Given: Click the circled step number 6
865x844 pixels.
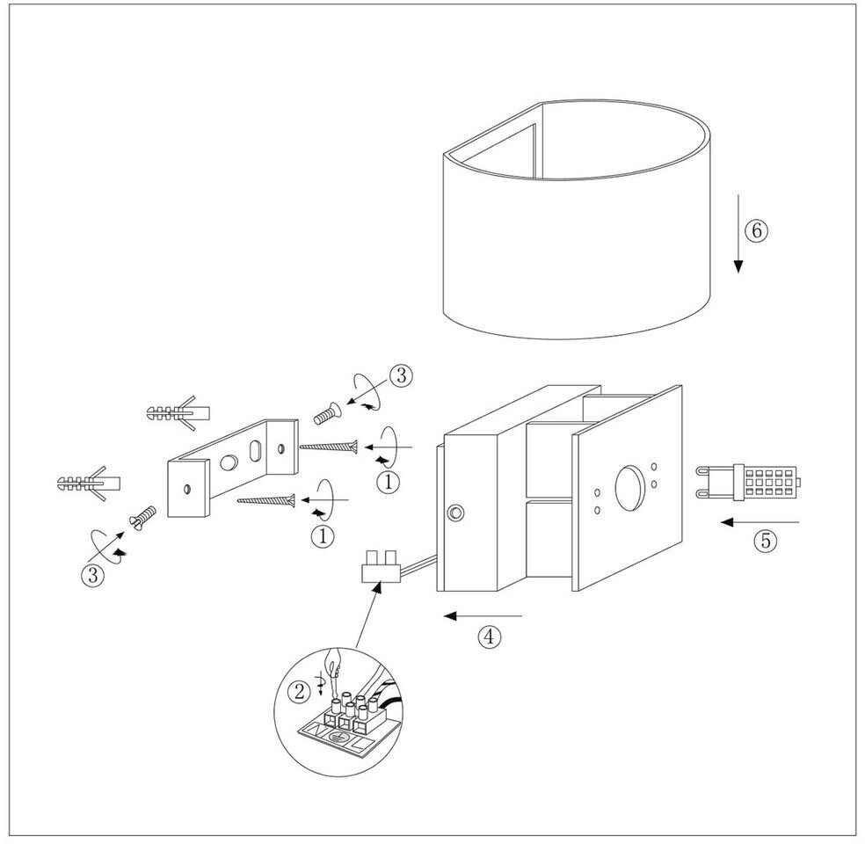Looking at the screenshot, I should [756, 230].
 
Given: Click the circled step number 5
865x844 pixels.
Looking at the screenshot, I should [766, 541].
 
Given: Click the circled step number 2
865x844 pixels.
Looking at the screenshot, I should [302, 691].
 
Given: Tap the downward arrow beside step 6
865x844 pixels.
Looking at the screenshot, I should [738, 233].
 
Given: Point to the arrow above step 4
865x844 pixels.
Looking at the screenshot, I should [483, 615].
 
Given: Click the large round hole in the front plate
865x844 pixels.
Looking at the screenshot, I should [629, 484].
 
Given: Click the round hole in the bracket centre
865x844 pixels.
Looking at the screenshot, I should [230, 461].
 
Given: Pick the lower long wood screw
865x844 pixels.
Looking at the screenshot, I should [266, 501].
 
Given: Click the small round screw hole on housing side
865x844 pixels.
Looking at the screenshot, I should [455, 513].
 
